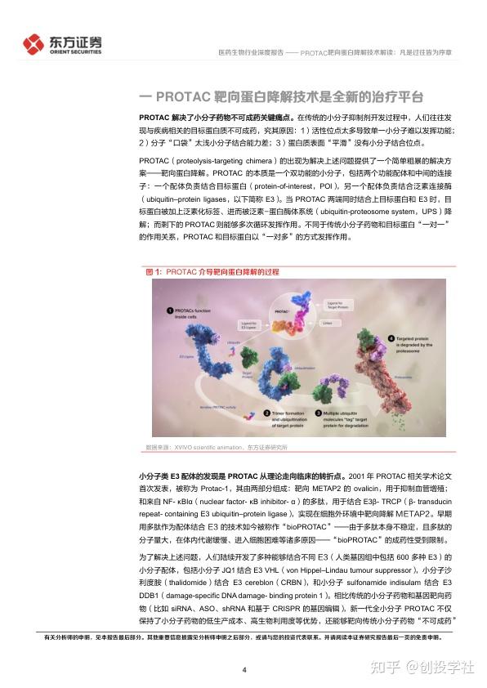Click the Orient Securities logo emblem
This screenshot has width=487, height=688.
click(35, 43)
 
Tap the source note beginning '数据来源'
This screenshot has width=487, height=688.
click(216, 448)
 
